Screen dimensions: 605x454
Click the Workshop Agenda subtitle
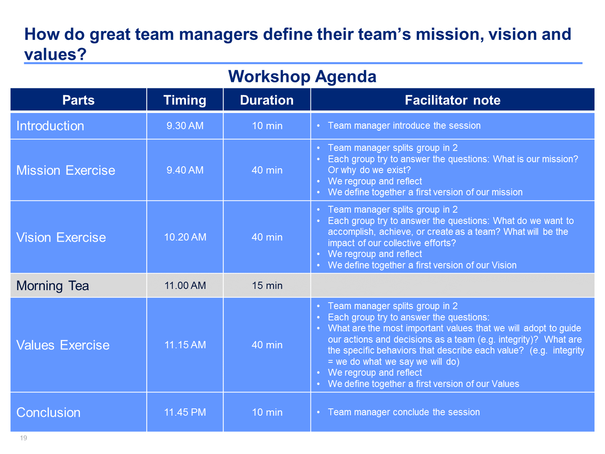pos(302,76)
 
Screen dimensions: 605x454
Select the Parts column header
pos(78,100)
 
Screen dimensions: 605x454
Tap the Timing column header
pos(185,100)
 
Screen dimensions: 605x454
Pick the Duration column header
pos(267,100)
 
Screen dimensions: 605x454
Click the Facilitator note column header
pos(453,100)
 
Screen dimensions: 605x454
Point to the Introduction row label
pos(50,126)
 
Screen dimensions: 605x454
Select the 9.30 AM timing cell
pos(185,126)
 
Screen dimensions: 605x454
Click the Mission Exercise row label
pos(66,170)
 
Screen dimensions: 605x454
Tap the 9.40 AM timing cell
pos(185,170)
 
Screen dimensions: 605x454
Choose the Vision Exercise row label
pos(61,237)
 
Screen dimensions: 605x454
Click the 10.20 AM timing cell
pos(185,237)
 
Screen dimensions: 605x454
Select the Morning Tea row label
pos(52,286)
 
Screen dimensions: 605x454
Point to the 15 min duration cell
pos(267,286)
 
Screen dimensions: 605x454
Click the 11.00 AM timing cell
pos(185,286)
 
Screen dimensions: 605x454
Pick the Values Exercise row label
pos(63,345)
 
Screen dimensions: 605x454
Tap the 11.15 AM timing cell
pos(185,345)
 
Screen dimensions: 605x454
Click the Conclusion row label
pos(48,413)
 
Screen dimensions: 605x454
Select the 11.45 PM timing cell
pos(185,412)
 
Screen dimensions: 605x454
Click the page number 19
pos(23,438)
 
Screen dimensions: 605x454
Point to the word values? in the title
pos(55,54)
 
